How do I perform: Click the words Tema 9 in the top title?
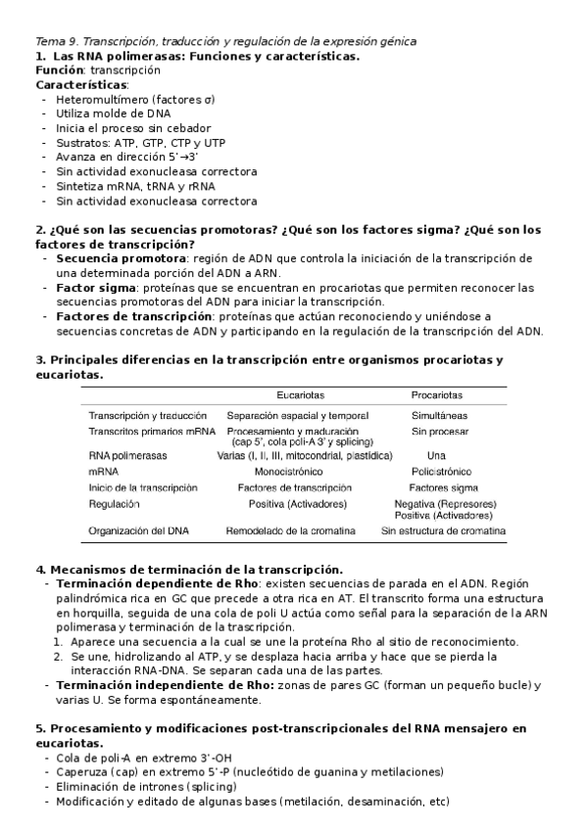pyautogui.click(x=56, y=41)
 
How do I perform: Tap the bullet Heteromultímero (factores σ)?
pyautogui.click(x=135, y=100)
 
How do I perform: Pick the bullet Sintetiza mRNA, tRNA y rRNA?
pyautogui.click(x=135, y=186)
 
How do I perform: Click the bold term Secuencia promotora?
pyautogui.click(x=107, y=258)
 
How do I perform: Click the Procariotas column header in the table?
pyautogui.click(x=437, y=395)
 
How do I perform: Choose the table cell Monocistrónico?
pyautogui.click(x=295, y=471)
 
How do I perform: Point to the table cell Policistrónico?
pyautogui.click(x=443, y=471)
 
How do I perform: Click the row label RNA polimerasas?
pyautogui.click(x=127, y=455)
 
